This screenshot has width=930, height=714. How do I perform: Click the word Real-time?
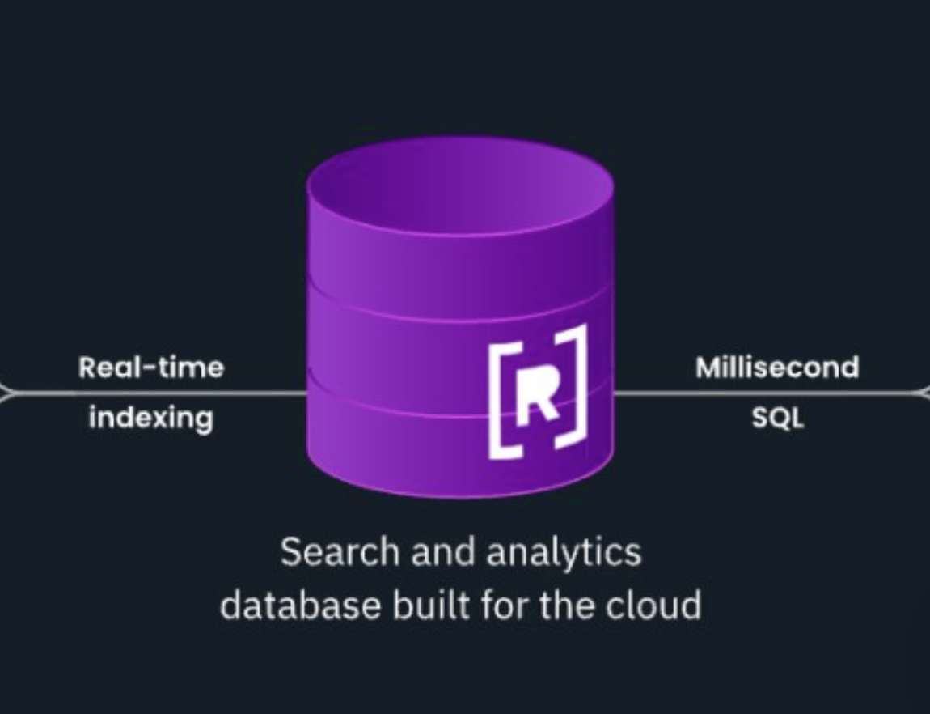tap(151, 368)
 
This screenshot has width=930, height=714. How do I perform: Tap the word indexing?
tap(151, 419)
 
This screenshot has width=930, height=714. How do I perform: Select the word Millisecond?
tap(777, 368)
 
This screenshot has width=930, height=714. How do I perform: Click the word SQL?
tap(777, 419)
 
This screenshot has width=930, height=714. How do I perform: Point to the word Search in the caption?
tap(339, 553)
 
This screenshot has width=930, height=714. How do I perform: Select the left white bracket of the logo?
tap(497, 401)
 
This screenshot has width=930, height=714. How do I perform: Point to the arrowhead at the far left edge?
tap(5, 394)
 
